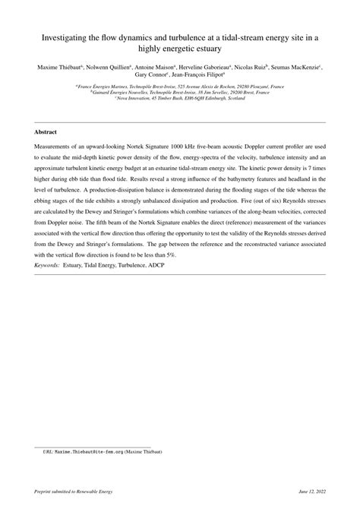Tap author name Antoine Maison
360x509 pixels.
[x=153, y=68]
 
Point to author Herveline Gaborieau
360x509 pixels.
[x=207, y=68]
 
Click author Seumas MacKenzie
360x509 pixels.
[x=301, y=68]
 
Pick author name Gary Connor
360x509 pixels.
[x=149, y=76]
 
